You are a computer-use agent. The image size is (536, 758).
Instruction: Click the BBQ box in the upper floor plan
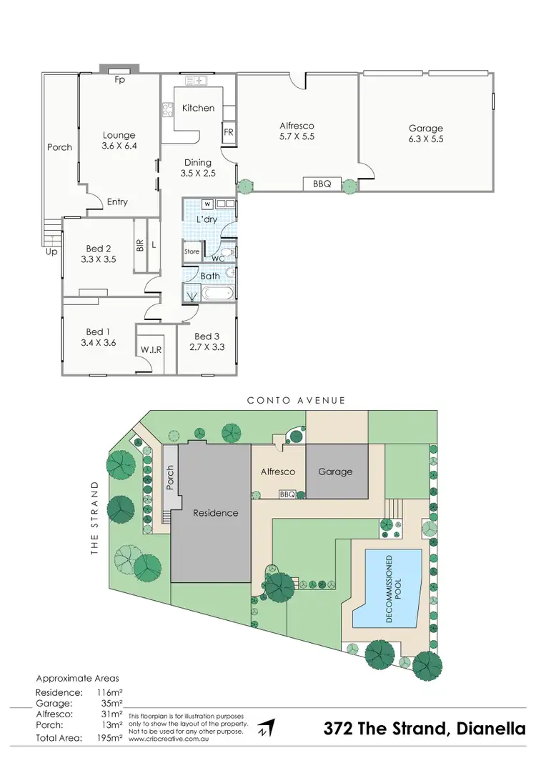click(322, 184)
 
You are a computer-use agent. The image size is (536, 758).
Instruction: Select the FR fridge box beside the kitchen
click(229, 133)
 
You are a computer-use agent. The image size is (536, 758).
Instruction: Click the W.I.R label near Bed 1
click(150, 350)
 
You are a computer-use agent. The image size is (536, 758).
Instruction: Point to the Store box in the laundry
click(192, 252)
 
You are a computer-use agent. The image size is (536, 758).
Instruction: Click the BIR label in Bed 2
click(140, 245)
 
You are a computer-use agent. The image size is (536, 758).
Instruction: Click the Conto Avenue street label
click(297, 401)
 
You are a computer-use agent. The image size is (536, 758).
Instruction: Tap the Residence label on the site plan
click(215, 513)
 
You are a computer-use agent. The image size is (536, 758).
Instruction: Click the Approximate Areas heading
click(77, 678)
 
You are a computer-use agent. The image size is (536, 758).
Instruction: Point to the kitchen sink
click(195, 81)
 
